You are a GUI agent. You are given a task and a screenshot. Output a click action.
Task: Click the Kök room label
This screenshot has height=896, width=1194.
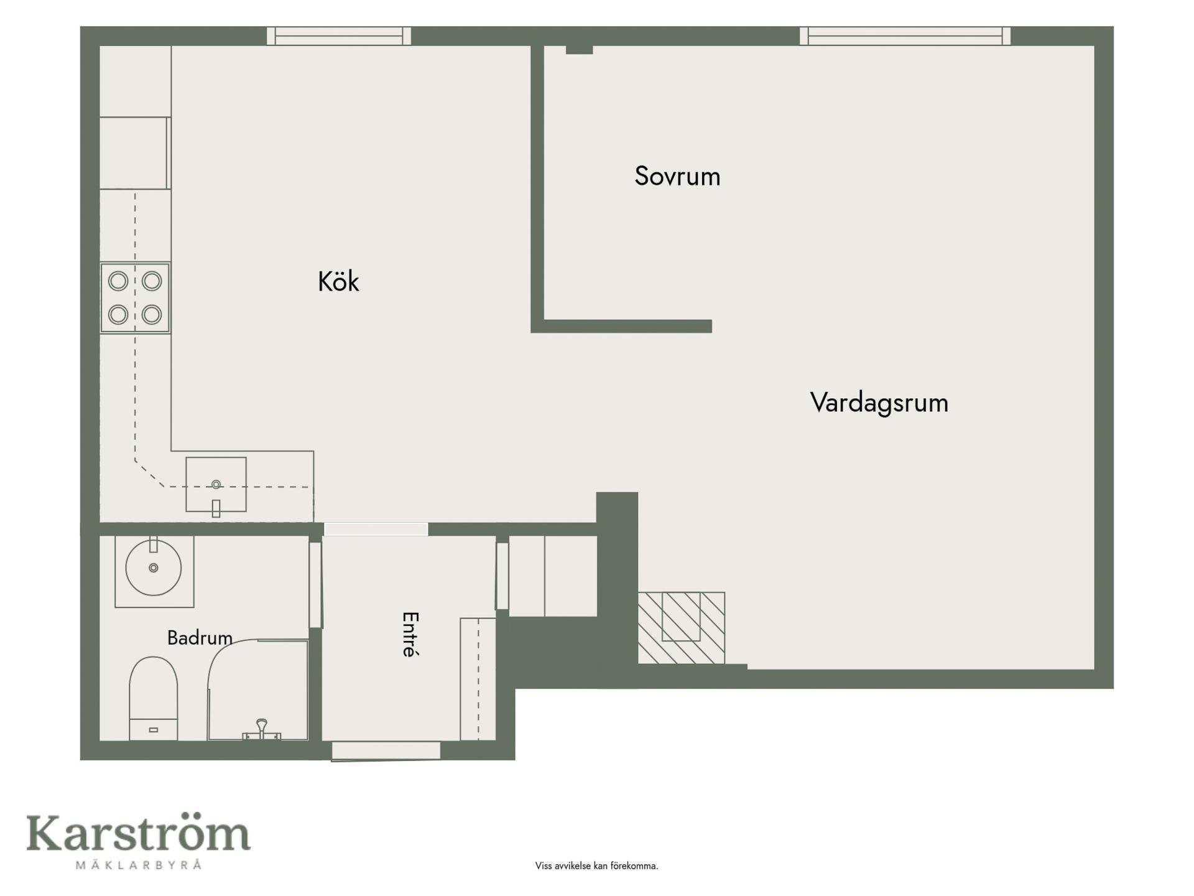(338, 282)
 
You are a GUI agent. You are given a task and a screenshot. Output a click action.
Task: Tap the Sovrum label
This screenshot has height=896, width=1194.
(677, 176)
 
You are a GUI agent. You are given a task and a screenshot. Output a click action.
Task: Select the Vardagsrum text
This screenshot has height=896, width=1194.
(879, 403)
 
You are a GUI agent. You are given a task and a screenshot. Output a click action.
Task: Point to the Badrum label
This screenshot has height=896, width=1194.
(200, 638)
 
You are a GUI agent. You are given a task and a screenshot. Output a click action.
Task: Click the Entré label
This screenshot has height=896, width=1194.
(410, 634)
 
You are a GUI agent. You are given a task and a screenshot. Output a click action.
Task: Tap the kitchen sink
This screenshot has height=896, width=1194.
(216, 485)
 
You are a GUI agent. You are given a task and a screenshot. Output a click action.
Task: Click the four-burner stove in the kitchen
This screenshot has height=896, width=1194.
(135, 298)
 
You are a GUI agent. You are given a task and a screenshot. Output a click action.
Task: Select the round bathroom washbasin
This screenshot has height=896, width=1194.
(154, 567)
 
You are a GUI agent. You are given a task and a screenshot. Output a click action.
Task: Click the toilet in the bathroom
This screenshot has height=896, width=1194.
(154, 699)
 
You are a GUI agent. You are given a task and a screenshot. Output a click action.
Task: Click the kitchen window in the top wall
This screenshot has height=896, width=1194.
(339, 36)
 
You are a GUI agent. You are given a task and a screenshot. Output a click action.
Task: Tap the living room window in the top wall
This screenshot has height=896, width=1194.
(905, 36)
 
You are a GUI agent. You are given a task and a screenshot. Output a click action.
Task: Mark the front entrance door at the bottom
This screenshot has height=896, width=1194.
(386, 751)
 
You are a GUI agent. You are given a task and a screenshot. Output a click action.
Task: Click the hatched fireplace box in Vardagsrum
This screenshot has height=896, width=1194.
(681, 628)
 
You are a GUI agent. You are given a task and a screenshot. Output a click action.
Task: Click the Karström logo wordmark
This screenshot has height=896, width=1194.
(138, 834)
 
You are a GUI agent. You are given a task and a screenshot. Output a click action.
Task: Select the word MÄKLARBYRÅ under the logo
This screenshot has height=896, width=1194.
(139, 865)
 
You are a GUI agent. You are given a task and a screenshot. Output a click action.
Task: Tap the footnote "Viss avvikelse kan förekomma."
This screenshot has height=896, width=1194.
(596, 866)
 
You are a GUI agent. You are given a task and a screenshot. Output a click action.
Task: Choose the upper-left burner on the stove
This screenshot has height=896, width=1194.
(118, 281)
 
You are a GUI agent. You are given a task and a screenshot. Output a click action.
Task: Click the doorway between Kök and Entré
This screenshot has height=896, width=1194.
(376, 530)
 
